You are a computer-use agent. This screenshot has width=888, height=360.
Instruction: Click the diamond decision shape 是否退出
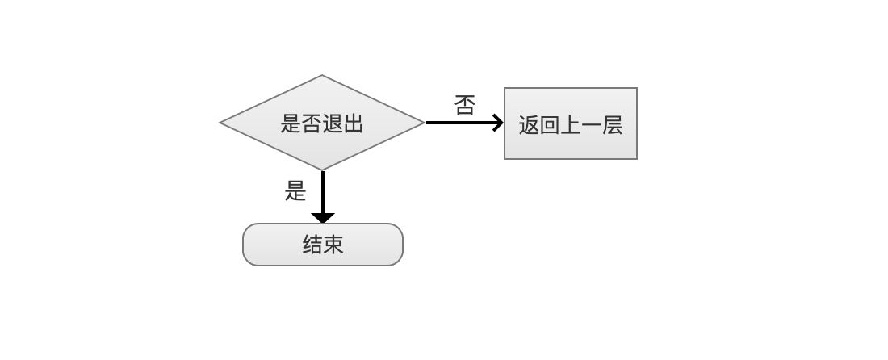[x=322, y=122]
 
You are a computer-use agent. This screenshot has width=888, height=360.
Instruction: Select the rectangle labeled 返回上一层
[x=571, y=123]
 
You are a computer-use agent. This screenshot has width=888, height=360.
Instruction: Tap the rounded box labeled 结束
[x=323, y=245]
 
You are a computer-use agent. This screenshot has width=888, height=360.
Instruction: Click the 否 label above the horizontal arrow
[x=465, y=105]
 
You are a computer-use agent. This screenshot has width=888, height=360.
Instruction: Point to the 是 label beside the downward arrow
[x=295, y=190]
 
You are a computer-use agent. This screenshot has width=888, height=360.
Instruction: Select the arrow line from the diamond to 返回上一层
[x=464, y=122]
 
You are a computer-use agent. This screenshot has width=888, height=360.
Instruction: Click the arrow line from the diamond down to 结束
[x=323, y=196]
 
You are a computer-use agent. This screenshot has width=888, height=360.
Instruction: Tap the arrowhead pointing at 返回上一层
[x=498, y=122]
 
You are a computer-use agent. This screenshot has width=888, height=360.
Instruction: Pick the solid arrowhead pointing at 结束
[x=323, y=218]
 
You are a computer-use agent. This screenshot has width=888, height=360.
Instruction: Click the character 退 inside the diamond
[x=333, y=123]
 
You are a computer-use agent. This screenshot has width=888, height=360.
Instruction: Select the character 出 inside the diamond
[x=353, y=123]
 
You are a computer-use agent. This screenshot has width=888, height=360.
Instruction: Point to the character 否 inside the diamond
[x=312, y=123]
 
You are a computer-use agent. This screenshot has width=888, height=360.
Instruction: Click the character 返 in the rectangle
[x=529, y=125]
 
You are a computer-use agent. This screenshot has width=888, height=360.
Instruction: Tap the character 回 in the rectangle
[x=550, y=125]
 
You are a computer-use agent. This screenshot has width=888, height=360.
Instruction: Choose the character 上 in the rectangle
[x=571, y=125]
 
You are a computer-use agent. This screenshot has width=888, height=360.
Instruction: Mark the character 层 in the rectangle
[x=612, y=125]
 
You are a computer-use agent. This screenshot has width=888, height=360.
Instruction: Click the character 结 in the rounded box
[x=312, y=245]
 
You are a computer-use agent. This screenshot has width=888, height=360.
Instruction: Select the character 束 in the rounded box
[x=333, y=245]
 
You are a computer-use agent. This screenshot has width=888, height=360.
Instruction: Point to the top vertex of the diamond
[x=322, y=75]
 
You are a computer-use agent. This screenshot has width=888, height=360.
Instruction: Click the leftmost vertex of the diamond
[x=220, y=122]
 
